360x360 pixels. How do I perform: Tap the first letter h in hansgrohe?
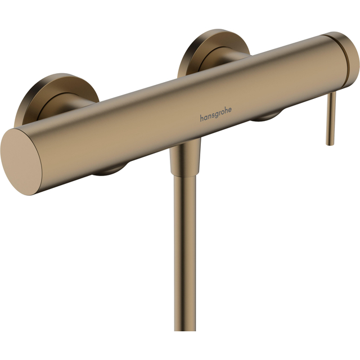(201, 118)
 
